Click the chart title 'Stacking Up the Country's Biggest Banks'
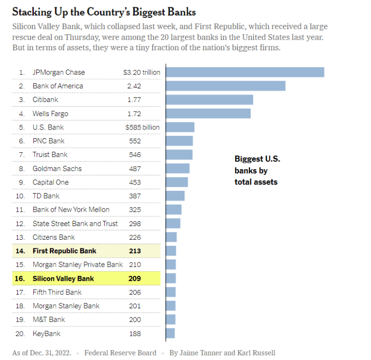(104, 11)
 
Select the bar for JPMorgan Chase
(244, 72)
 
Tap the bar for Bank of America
(225, 86)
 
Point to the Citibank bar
(209, 100)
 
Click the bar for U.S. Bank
(180, 127)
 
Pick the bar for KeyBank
(170, 333)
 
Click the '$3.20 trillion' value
(142, 72)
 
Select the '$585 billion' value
(143, 128)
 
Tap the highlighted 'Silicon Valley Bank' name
(63, 278)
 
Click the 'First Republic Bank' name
(64, 251)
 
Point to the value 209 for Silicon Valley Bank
(135, 278)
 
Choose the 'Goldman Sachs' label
(57, 169)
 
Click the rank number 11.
(20, 210)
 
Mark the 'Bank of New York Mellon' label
(71, 210)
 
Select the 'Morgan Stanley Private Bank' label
(78, 265)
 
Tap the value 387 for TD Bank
(135, 196)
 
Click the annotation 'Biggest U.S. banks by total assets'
(257, 170)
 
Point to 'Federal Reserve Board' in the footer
(120, 353)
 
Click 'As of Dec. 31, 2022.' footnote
(42, 353)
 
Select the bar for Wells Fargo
(208, 114)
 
